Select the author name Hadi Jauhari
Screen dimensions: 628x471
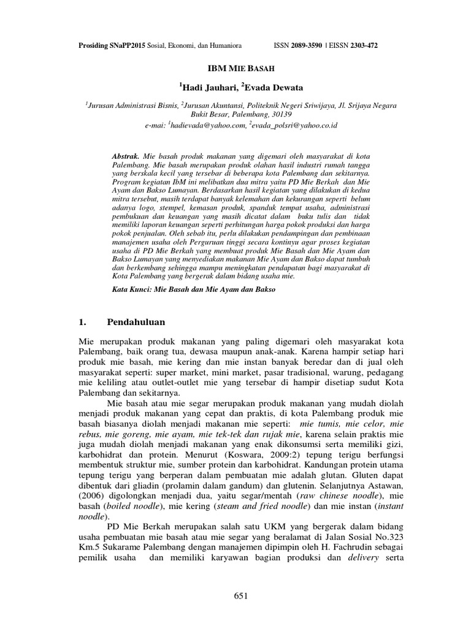click(207, 87)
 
